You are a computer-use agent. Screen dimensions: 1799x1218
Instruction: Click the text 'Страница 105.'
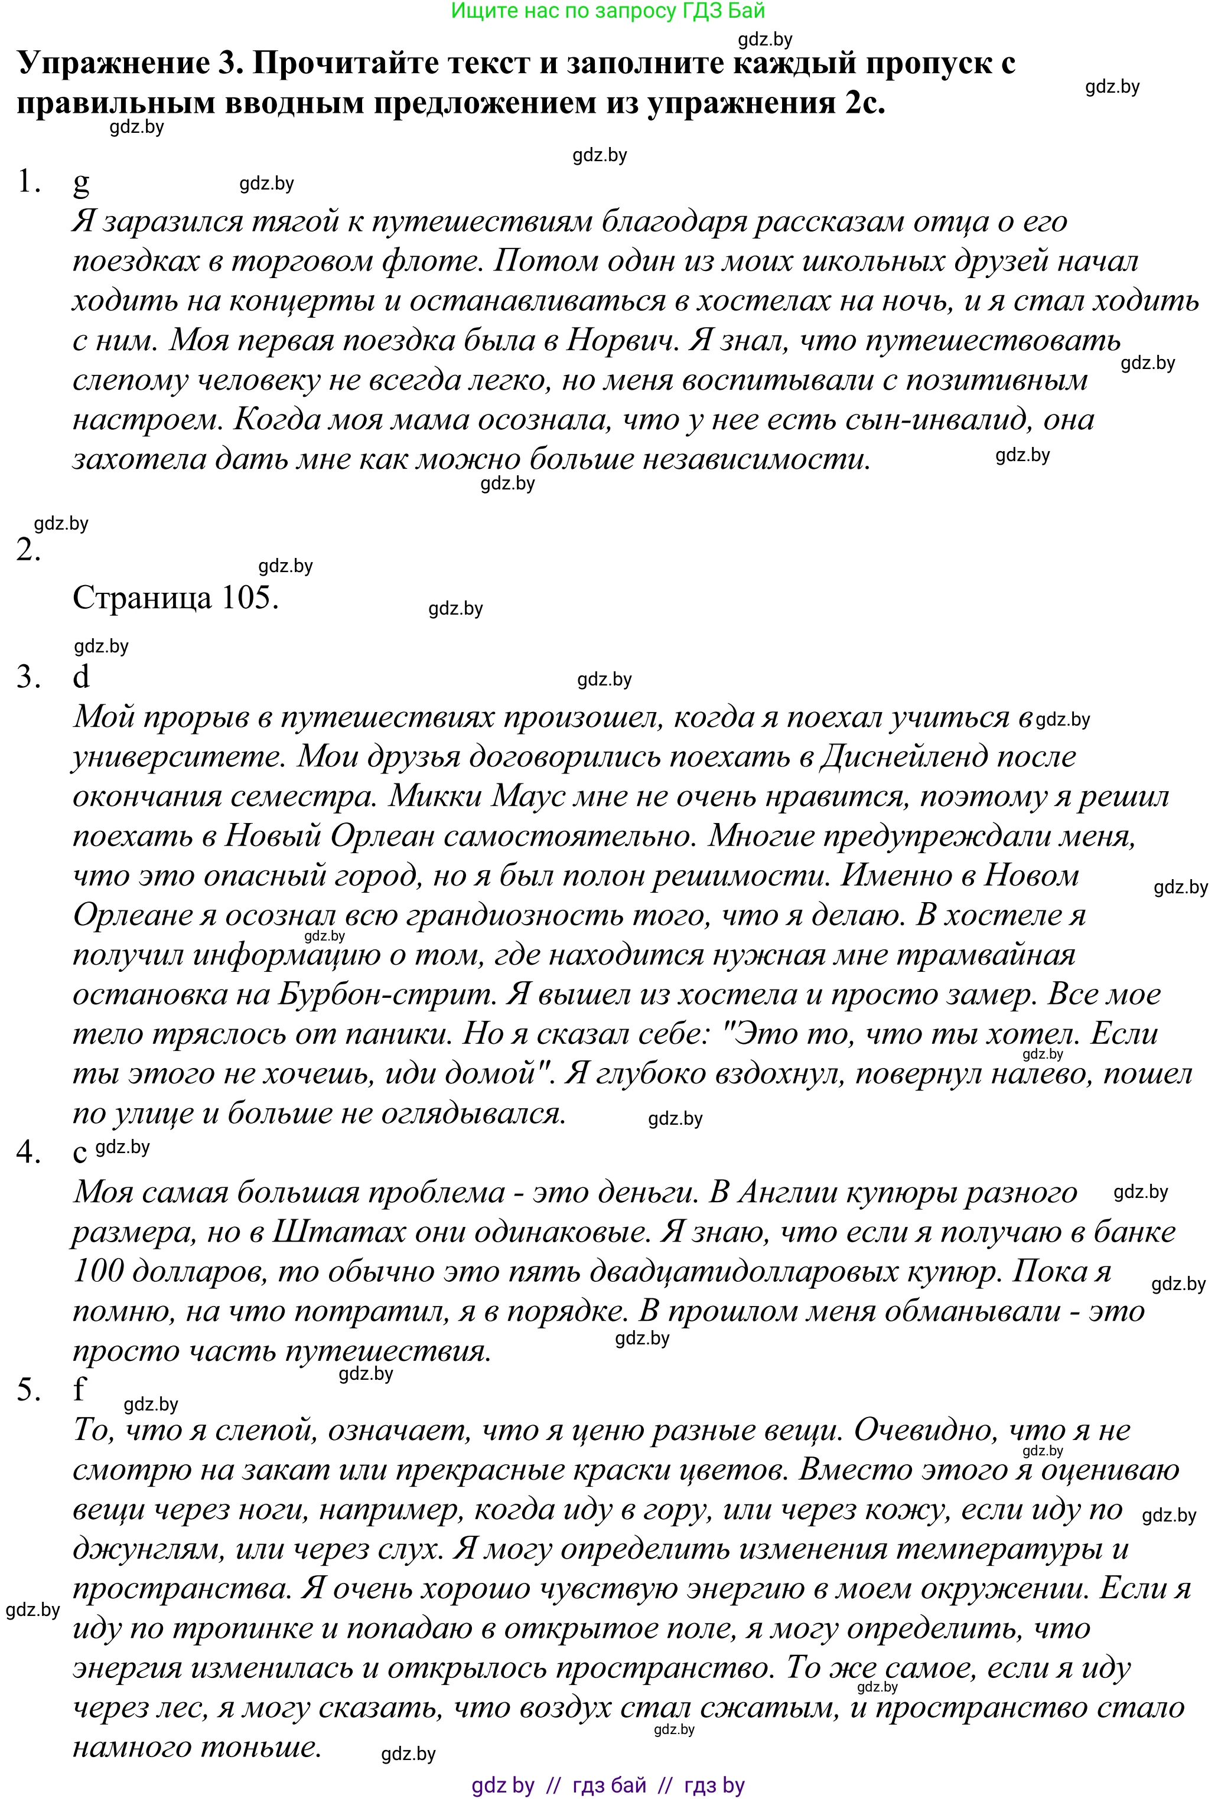click(175, 598)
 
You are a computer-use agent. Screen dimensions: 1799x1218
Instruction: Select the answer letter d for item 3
click(82, 677)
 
